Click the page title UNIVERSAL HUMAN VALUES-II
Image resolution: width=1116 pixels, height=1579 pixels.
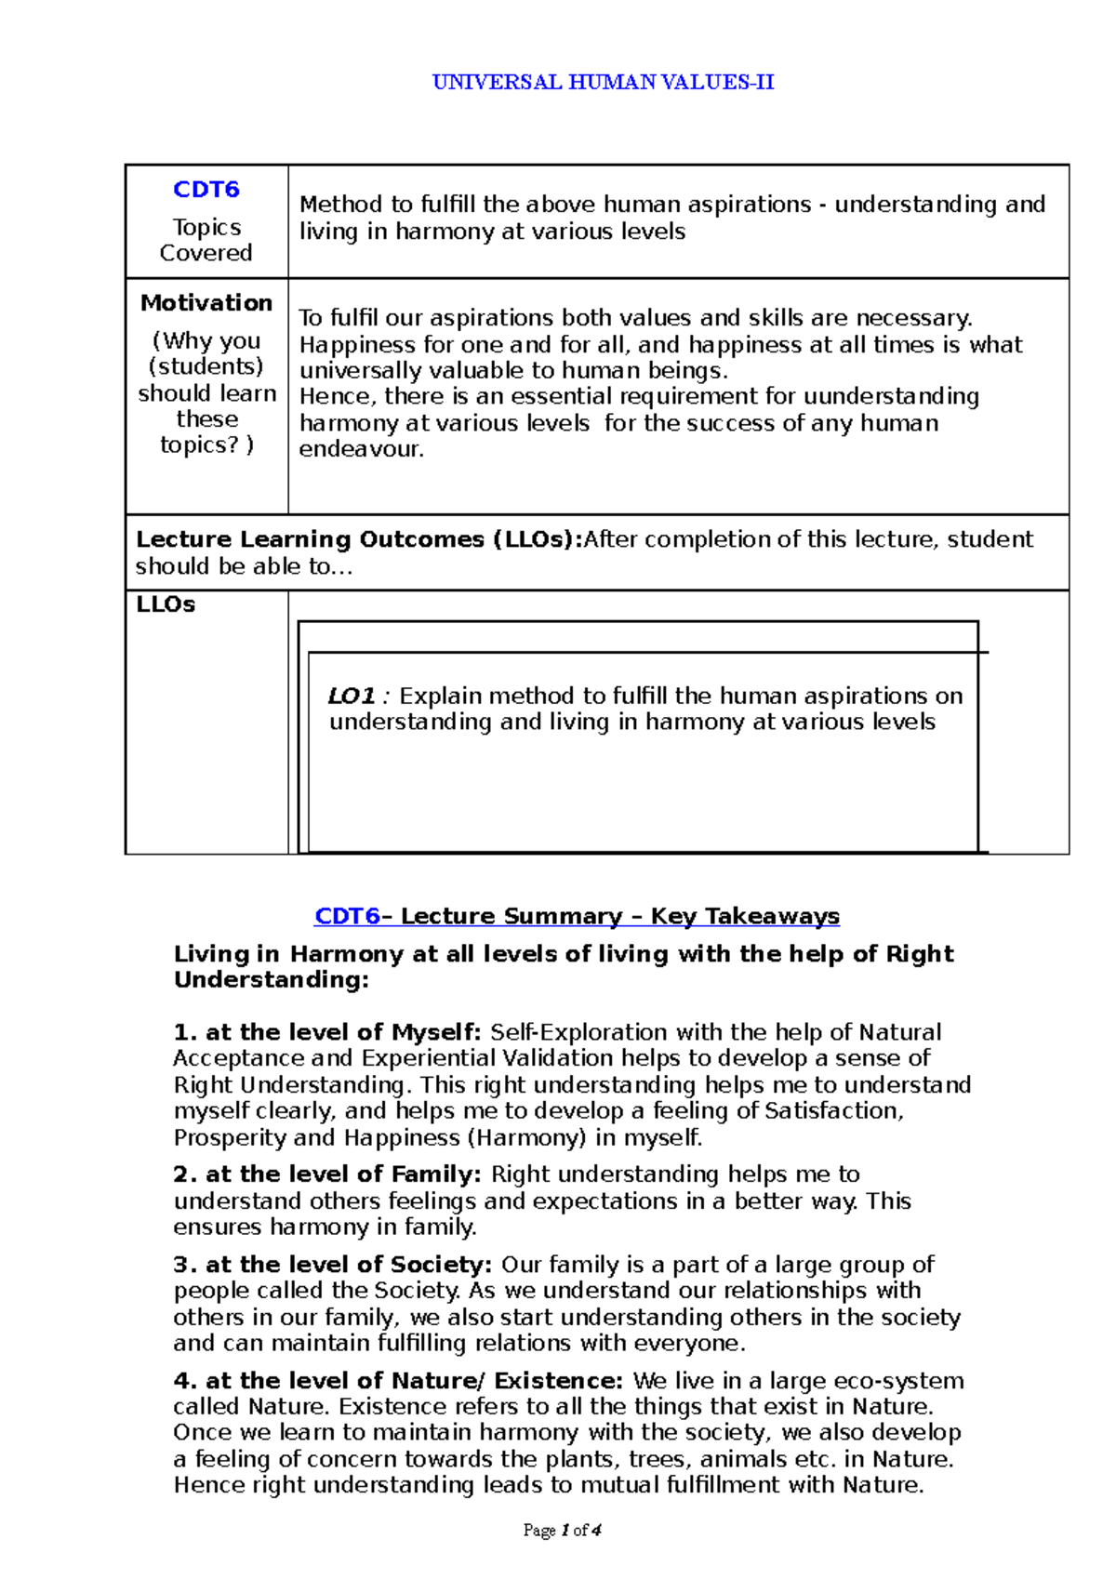603,82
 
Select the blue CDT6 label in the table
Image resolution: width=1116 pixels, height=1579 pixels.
206,190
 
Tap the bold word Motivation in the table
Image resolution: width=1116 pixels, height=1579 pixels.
206,303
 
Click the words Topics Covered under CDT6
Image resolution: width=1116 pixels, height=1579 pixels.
206,240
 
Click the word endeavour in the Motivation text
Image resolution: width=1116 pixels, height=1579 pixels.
360,450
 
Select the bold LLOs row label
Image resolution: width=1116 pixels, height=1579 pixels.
166,604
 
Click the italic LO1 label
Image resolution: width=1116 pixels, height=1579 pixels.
352,696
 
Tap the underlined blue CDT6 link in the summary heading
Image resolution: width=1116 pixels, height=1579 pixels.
347,916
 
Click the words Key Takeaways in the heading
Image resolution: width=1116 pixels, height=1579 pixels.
745,916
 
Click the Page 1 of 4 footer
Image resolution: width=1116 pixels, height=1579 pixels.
562,1531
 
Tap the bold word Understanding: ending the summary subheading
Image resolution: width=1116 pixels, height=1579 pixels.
271,980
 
